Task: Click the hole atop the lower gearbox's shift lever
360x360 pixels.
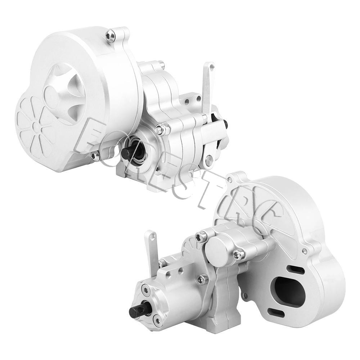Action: [153, 237]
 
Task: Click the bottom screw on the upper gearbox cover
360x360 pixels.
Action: [95, 156]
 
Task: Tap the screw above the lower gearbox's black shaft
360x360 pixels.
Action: [145, 289]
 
